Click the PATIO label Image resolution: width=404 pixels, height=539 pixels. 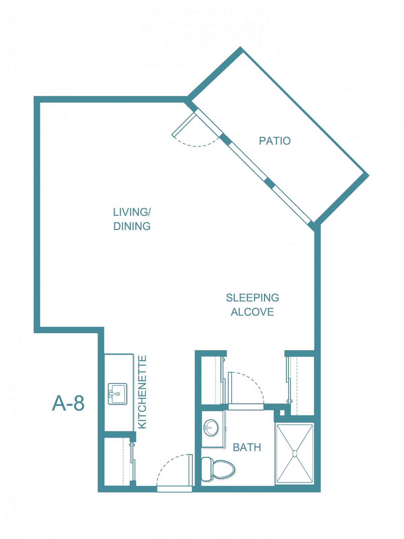pos(275,141)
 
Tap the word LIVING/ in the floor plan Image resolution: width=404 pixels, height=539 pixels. pos(132,212)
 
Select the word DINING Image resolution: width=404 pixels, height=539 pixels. pos(132,226)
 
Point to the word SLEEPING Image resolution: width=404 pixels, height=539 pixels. pos(252,298)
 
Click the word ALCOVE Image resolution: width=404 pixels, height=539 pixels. pos(252,312)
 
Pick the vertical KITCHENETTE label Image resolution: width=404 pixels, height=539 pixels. pos(142,392)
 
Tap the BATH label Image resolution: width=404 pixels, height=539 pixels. pos(247,447)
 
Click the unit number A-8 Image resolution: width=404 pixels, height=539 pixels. pos(68,403)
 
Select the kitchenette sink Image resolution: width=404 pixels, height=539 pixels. pos(117,394)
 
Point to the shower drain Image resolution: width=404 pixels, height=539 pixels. pos(295,453)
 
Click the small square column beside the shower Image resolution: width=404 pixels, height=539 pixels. pos(282,413)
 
